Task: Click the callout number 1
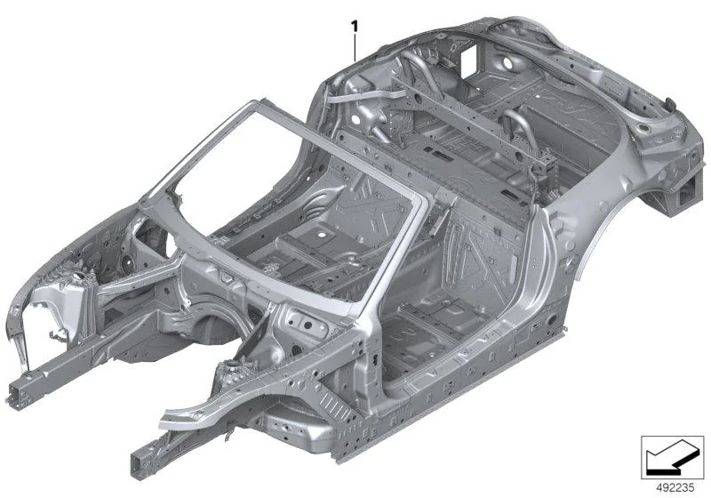[355, 27]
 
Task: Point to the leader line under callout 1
[355, 49]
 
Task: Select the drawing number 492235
[675, 487]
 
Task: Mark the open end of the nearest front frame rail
[140, 464]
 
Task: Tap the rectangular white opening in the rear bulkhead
[468, 60]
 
